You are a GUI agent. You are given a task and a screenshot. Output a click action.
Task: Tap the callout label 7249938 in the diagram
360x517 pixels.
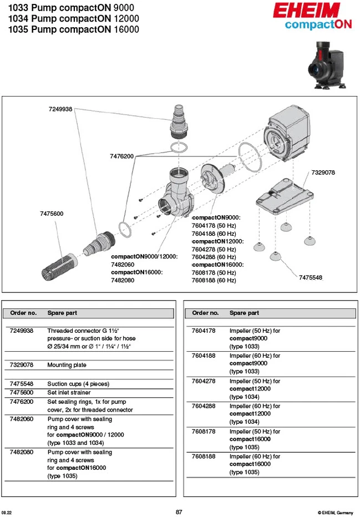click(x=60, y=109)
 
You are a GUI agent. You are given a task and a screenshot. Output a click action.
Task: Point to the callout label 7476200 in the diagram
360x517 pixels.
click(x=121, y=156)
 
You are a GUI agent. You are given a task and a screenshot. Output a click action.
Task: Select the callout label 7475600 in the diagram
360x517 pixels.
click(x=52, y=214)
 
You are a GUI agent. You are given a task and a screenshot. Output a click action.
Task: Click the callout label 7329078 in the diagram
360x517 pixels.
click(x=323, y=173)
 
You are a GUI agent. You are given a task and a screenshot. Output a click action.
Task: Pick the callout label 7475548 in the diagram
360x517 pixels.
click(x=311, y=277)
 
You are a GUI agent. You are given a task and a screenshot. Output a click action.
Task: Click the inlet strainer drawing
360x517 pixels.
click(x=59, y=267)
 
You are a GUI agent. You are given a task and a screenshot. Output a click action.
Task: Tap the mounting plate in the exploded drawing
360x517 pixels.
click(x=285, y=196)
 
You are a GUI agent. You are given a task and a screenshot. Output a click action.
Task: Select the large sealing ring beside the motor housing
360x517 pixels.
click(x=250, y=157)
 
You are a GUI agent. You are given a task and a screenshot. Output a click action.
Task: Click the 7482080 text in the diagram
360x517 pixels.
click(x=123, y=280)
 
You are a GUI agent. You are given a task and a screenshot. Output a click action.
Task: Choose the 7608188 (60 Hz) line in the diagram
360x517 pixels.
click(x=214, y=280)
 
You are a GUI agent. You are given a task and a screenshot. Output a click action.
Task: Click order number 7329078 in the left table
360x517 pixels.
click(x=22, y=364)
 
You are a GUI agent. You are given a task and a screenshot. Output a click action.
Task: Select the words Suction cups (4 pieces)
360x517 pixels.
click(x=78, y=384)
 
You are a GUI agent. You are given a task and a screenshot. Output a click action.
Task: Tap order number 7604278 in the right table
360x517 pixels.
click(x=204, y=381)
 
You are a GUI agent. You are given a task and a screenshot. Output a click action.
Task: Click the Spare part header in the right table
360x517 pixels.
click(x=244, y=313)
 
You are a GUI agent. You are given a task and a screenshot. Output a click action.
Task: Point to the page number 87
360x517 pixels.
click(x=179, y=512)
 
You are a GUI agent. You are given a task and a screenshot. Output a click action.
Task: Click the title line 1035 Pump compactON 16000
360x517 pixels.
click(x=74, y=29)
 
